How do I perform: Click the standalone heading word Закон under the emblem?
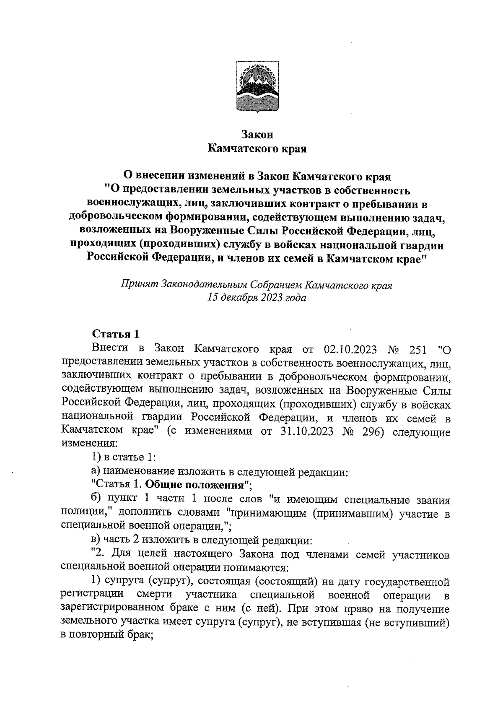(257, 135)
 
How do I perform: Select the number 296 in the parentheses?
(374, 432)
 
